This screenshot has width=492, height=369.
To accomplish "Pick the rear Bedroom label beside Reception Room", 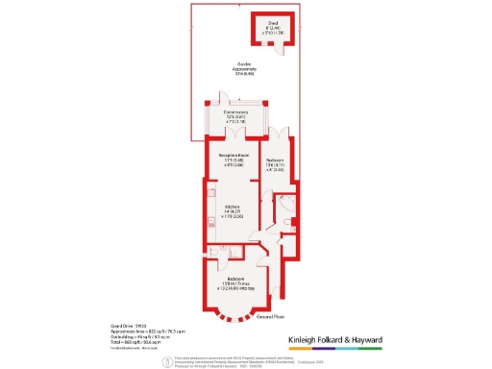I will [273, 161].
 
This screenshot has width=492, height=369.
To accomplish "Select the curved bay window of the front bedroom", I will [235, 314].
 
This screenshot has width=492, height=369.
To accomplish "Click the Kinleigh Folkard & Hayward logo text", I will [336, 340].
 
